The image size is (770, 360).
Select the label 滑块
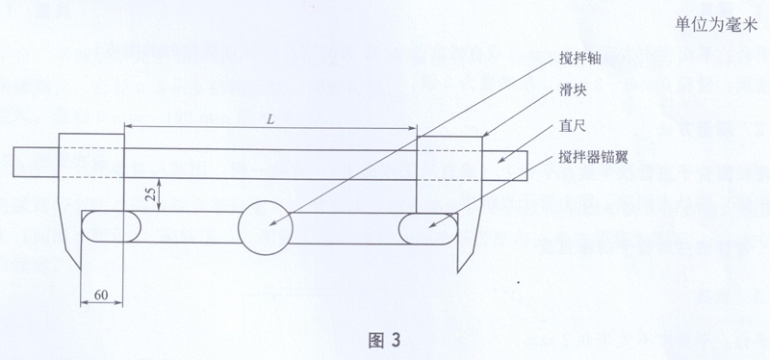point(571,91)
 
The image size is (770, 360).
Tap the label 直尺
point(571,127)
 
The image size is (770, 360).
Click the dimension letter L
point(270,118)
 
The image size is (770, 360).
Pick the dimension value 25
point(153,195)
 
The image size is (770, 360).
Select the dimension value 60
point(101,296)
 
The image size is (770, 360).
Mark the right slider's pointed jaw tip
point(458,271)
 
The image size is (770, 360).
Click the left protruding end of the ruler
point(36,163)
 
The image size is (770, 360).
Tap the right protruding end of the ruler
point(504,165)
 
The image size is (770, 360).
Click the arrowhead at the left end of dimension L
point(129,126)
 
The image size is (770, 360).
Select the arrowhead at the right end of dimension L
point(413,129)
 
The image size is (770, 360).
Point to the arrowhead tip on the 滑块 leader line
point(483,136)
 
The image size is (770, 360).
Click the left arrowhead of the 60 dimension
point(85,302)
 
